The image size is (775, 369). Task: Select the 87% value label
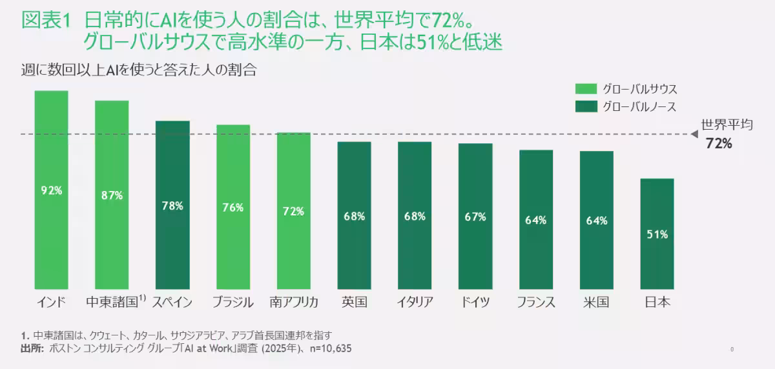point(112,195)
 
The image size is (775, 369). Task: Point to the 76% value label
point(233,207)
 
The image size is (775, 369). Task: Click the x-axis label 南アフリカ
point(294,302)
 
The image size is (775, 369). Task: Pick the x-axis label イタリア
point(415,302)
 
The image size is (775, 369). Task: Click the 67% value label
point(475,217)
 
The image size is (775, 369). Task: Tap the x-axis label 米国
point(596,302)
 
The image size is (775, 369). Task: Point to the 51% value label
point(657,235)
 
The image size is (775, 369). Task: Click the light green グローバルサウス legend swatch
point(585,89)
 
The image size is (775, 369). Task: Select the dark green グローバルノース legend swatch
point(585,106)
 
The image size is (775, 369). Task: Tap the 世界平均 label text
point(727,126)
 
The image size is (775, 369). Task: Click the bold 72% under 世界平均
point(719,144)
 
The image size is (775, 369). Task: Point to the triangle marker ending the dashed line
point(694,134)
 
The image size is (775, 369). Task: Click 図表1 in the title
point(45,20)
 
